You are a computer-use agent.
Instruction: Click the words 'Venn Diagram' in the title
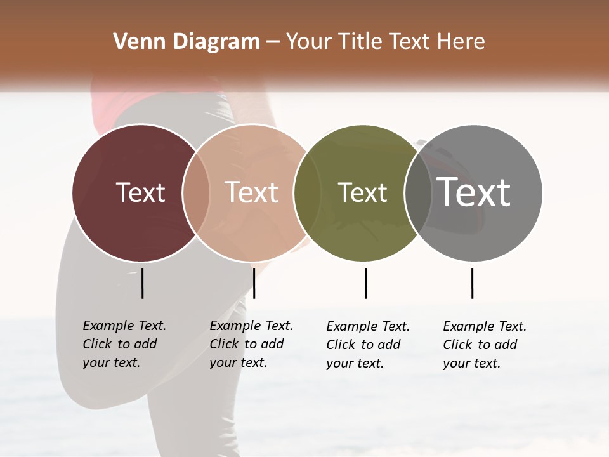point(187,42)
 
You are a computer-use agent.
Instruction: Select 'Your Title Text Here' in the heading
point(385,42)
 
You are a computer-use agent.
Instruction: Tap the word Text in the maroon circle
point(141,192)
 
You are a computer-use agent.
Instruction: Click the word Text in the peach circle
point(252,192)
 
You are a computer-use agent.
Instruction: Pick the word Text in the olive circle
point(362,192)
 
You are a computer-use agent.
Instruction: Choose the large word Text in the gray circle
point(474,192)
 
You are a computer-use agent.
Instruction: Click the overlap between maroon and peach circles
point(196,192)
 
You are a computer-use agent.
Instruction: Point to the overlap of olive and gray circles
point(416,192)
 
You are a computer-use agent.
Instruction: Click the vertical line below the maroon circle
point(143,283)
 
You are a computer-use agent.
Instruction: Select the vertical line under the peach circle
point(254,283)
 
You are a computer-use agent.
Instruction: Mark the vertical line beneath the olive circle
point(365,283)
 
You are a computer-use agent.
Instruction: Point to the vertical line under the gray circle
point(472,283)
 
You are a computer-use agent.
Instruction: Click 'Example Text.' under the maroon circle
point(124,326)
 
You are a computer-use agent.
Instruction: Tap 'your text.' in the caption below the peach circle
point(238,362)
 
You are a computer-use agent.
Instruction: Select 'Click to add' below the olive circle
point(363,345)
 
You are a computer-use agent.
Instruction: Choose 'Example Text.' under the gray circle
point(485,326)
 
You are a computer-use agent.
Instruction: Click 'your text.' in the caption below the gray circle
point(471,363)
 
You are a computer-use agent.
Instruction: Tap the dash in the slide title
point(273,42)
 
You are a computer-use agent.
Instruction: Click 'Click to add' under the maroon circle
point(120,344)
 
